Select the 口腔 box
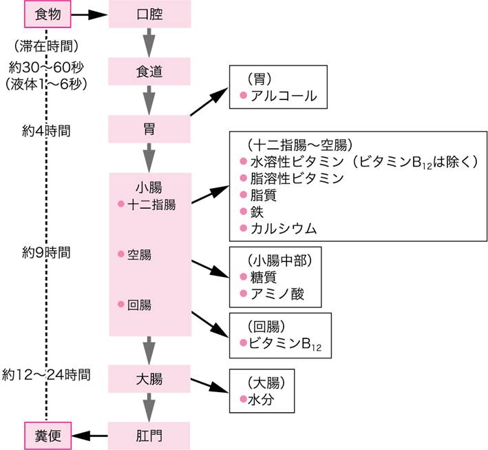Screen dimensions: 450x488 pos(149,14)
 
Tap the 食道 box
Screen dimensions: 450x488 pos(149,71)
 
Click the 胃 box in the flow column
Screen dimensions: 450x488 pos(149,129)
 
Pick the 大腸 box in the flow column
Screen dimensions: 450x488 pos(149,378)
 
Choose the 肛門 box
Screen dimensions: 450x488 pos(149,436)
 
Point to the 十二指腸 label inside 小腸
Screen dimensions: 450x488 pos(151,204)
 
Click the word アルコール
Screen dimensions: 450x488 pos(284,96)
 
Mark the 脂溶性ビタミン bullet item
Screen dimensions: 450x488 pos(297,178)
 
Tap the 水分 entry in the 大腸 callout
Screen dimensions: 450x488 pos(262,399)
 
